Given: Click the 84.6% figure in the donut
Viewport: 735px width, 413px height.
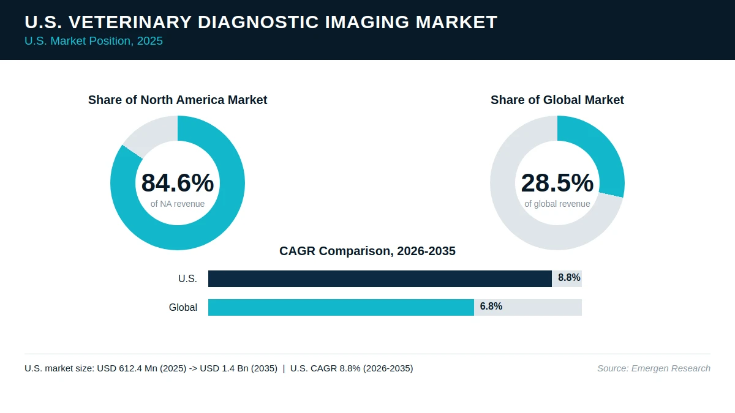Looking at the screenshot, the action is (178, 183).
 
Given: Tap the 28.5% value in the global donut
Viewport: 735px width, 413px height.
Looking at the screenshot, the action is (557, 183).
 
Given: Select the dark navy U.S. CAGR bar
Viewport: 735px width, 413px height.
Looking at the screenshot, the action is (380, 278).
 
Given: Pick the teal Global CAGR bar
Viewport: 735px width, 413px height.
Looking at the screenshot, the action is (341, 307).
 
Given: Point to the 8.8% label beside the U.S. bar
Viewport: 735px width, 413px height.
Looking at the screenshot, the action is (569, 278).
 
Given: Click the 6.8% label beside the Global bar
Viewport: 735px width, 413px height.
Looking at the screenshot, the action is (491, 306).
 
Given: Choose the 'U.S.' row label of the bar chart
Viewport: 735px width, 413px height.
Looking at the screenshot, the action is (187, 278).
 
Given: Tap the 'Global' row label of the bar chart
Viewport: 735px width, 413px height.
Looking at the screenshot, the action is (183, 307).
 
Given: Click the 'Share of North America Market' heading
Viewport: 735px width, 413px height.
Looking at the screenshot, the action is (178, 100).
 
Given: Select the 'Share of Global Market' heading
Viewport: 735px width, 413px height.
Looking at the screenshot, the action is (557, 100).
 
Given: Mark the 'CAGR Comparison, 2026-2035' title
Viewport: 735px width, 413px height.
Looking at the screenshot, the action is (367, 251).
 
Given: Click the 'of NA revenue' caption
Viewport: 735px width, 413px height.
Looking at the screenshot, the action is (178, 204).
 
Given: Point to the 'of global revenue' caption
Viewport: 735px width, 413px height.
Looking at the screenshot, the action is (557, 204).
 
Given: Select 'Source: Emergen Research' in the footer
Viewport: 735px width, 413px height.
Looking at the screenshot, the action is (654, 368).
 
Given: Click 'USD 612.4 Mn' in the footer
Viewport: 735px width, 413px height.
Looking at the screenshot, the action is (127, 368).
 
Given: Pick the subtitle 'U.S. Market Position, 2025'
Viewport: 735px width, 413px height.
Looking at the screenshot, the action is (94, 41).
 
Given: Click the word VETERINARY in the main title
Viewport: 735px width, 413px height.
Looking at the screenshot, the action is (130, 22).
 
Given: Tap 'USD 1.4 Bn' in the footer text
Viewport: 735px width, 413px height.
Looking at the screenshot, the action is (224, 368).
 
